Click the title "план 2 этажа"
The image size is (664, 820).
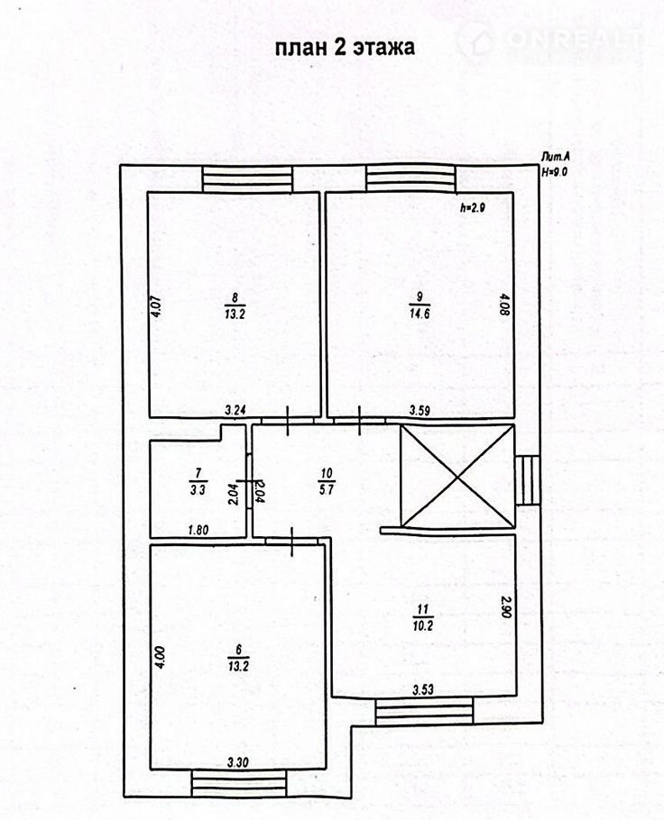(346, 47)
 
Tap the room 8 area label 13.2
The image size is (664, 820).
(235, 314)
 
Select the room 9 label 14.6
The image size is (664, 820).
(420, 314)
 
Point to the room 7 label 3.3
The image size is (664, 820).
(198, 489)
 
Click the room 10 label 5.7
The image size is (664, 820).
(327, 490)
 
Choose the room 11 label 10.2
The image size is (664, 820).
(423, 625)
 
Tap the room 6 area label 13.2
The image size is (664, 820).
(238, 666)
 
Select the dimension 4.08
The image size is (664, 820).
(505, 305)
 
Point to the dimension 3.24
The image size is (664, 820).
(235, 411)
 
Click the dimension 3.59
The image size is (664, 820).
(420, 411)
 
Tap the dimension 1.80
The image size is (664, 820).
(198, 530)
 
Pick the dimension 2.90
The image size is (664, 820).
(505, 606)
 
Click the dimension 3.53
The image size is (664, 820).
(423, 689)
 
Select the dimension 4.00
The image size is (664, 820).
(161, 658)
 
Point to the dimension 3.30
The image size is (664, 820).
(238, 763)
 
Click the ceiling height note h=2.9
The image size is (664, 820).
(474, 207)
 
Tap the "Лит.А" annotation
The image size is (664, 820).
(556, 157)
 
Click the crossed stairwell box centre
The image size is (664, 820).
(457, 477)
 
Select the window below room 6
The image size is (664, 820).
(239, 783)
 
